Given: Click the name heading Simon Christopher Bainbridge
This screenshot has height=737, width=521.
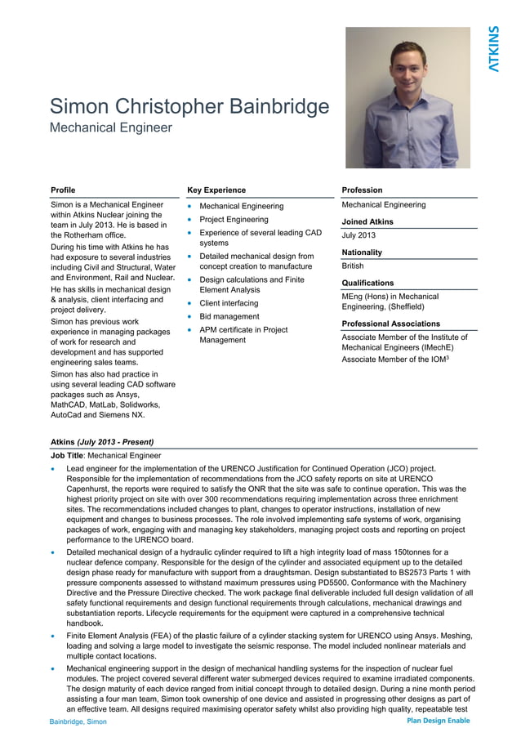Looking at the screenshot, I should [189, 107].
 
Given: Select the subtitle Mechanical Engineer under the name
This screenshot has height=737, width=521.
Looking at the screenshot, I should [111, 127].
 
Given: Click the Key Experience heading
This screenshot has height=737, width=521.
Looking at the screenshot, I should [216, 190].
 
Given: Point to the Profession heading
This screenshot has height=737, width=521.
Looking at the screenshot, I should [362, 190].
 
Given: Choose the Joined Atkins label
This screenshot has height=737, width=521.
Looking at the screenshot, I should [367, 221].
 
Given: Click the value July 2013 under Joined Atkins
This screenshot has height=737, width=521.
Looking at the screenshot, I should [358, 235].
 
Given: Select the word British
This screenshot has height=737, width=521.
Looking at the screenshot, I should [353, 266].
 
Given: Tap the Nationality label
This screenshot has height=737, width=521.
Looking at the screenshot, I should [362, 252].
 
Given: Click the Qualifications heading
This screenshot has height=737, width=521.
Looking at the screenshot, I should [367, 283].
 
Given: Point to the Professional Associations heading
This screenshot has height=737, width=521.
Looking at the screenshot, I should [390, 324].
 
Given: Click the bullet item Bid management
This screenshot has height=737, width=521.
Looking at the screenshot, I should [229, 316].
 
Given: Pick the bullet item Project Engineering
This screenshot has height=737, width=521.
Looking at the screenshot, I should [234, 219].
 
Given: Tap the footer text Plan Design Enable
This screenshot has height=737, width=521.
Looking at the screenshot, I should [438, 721].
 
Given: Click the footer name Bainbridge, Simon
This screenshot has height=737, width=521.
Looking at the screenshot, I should [78, 722].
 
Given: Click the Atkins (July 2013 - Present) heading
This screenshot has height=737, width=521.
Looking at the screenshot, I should [102, 440].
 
